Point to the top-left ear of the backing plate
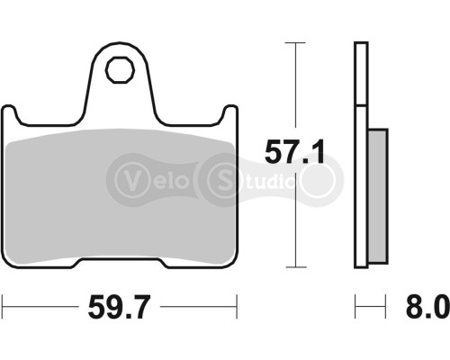tap(13, 114)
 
